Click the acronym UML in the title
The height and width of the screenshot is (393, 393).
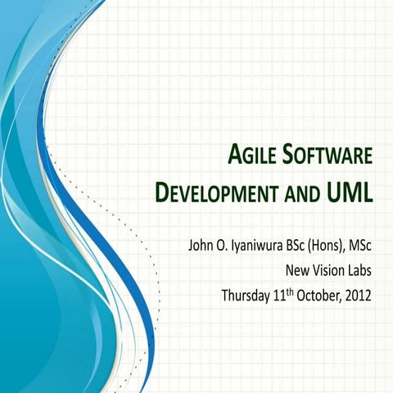(x=347, y=194)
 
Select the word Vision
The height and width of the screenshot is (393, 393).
(x=327, y=269)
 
